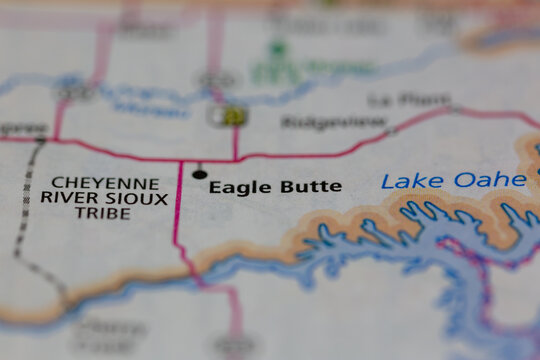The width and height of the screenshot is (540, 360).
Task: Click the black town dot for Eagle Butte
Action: (x=199, y=174)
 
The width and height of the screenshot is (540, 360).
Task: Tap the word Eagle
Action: (x=235, y=187)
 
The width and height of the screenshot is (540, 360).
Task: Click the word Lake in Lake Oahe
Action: (x=411, y=181)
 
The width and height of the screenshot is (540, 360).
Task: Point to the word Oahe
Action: (x=489, y=180)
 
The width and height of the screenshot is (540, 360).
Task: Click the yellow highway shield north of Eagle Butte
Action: (x=231, y=116)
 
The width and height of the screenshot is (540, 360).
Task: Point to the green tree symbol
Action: (x=278, y=47)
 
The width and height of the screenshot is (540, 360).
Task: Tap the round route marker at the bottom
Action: (x=236, y=345)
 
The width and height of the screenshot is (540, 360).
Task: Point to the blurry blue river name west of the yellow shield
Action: (x=150, y=102)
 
